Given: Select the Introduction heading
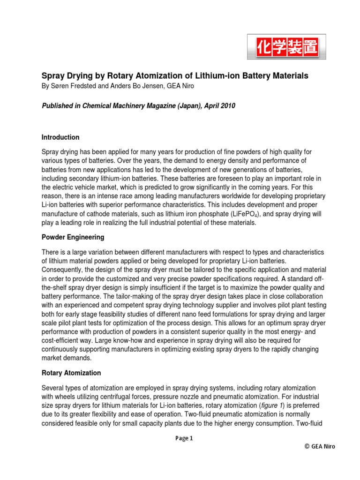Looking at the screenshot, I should click(60, 137).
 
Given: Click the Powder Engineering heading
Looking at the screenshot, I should click(73, 237).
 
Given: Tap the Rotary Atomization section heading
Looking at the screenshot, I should click(71, 373).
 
